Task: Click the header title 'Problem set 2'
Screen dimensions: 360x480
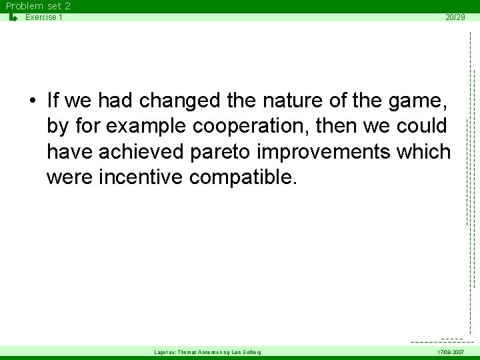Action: click(x=38, y=6)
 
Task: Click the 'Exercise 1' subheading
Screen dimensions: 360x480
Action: click(x=44, y=17)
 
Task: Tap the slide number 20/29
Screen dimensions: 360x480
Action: click(x=455, y=17)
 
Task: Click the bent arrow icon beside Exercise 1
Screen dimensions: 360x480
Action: click(x=13, y=17)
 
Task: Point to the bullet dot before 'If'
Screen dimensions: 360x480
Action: click(x=32, y=101)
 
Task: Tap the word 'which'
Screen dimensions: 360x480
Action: click(x=423, y=152)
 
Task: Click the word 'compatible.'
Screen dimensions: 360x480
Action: click(x=241, y=178)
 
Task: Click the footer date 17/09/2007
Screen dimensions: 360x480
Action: click(x=451, y=352)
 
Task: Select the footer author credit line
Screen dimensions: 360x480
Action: click(x=207, y=352)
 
